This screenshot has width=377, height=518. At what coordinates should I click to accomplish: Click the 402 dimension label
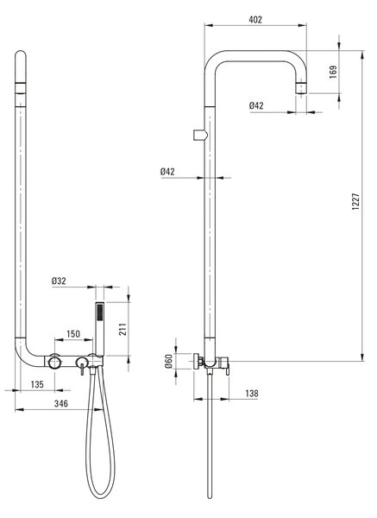[255, 20]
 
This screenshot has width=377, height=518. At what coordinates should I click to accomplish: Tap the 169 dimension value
[333, 72]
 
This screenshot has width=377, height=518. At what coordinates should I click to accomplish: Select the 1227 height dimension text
[355, 202]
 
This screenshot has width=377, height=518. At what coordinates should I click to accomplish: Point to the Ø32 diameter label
[59, 281]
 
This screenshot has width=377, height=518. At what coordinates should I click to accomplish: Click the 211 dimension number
[123, 329]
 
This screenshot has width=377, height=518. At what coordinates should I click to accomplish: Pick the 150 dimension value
[73, 334]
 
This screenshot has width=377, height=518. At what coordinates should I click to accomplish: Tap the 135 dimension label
[37, 384]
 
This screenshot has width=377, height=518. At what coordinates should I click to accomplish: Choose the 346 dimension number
[61, 403]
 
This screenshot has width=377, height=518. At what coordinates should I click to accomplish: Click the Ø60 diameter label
[168, 361]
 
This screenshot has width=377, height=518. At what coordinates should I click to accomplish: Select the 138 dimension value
[252, 394]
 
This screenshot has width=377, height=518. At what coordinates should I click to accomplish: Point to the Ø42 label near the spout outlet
[256, 105]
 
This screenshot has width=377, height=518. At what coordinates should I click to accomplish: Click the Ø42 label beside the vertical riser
[167, 172]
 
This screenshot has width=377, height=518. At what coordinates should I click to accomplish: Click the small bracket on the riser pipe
[200, 136]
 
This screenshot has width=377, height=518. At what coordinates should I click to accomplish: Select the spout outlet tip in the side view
[301, 89]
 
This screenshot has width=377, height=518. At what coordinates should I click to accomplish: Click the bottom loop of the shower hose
[100, 496]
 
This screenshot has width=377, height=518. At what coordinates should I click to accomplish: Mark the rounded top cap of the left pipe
[21, 55]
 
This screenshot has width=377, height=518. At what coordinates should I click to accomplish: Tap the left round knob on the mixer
[54, 361]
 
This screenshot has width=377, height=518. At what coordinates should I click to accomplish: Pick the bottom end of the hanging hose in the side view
[210, 497]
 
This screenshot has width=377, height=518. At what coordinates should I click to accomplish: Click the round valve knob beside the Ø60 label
[198, 361]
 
